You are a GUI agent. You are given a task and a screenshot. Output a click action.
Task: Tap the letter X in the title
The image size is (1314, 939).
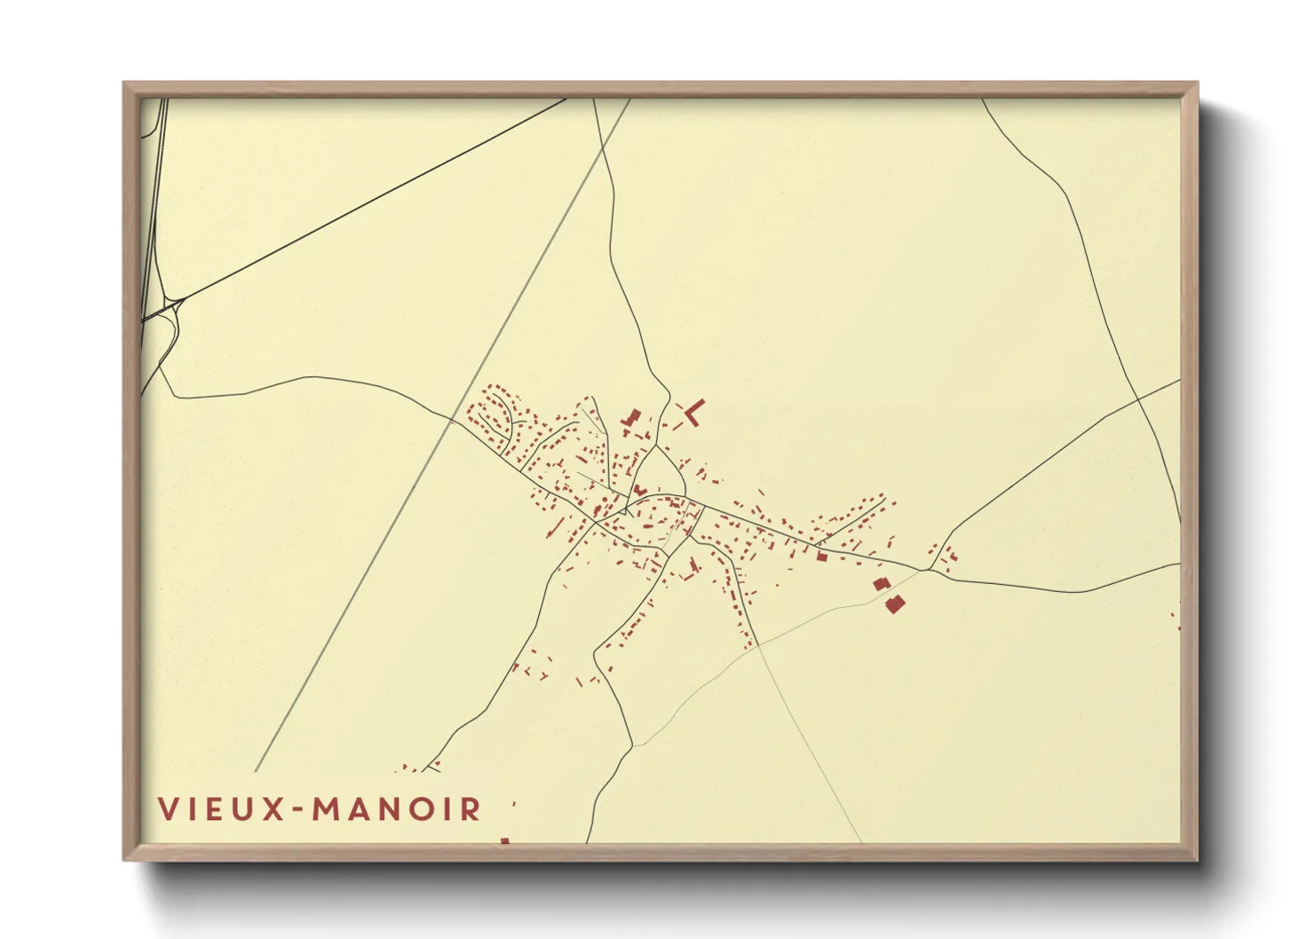[270, 809]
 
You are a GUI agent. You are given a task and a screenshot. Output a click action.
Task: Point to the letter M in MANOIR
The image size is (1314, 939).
[330, 809]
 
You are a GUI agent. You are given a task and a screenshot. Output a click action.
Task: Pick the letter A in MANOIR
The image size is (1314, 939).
[363, 809]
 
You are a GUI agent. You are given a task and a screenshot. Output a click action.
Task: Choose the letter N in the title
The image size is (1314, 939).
[394, 809]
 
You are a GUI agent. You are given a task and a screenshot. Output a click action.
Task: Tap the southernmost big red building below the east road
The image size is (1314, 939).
[894, 604]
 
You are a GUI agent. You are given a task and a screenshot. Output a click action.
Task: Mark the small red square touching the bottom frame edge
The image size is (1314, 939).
[504, 840]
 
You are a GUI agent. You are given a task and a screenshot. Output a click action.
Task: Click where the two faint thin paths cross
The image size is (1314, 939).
[760, 645]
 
